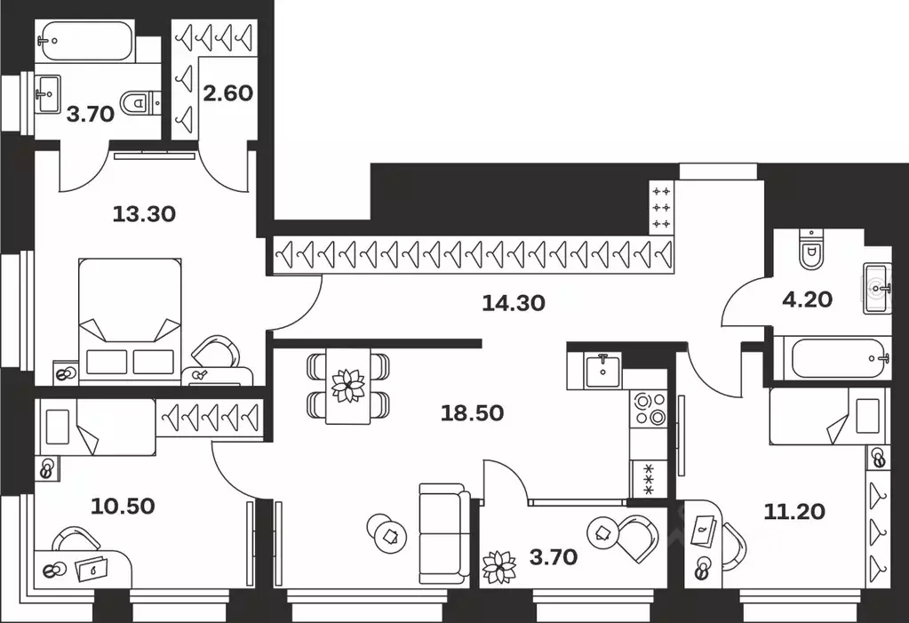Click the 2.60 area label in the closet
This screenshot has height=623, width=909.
(x=229, y=93)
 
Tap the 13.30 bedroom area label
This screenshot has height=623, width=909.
(x=144, y=213)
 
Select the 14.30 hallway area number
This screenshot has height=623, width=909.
(x=514, y=303)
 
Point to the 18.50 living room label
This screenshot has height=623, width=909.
(x=473, y=412)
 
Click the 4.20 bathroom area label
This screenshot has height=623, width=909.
(x=807, y=300)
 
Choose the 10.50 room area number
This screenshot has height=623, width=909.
(x=123, y=507)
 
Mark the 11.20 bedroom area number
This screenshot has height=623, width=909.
(x=794, y=511)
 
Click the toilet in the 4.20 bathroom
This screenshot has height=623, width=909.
(x=811, y=250)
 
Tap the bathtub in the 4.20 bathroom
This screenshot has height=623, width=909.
(x=832, y=358)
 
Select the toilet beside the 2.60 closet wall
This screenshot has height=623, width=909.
(x=139, y=104)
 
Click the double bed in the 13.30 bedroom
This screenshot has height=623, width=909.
(x=131, y=321)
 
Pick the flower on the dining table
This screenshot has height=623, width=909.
(x=347, y=386)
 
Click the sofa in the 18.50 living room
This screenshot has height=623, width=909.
(x=444, y=534)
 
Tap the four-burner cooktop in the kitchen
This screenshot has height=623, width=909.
(x=648, y=408)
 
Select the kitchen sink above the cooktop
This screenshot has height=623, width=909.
(x=603, y=367)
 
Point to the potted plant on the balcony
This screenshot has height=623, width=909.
(x=498, y=566)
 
